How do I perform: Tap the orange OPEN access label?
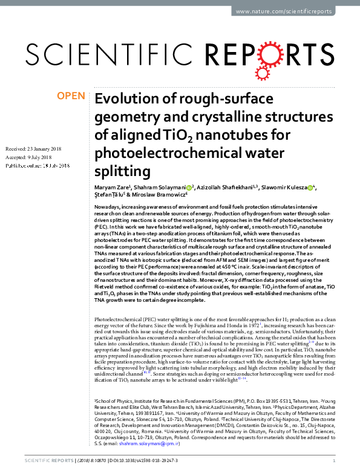(72, 96)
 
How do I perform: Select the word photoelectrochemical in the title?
(163, 153)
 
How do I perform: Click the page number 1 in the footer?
(334, 460)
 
